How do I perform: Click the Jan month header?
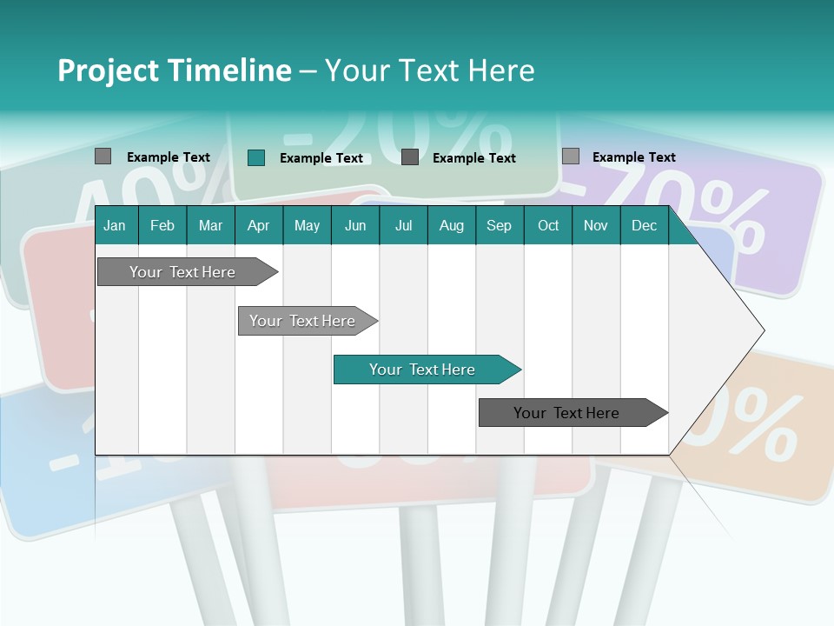[x=115, y=225]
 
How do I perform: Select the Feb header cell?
[x=162, y=225]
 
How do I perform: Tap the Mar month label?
[x=210, y=225]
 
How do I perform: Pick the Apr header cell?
[x=259, y=225]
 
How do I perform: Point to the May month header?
[x=307, y=225]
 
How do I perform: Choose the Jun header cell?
[x=355, y=225]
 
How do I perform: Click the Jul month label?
[x=403, y=225]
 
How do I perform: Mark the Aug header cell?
[x=452, y=225]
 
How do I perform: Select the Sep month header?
[x=500, y=225]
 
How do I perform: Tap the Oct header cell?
[x=548, y=225]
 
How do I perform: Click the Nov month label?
[x=596, y=225]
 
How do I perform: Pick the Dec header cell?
[x=645, y=225]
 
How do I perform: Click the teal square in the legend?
[x=255, y=157]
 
